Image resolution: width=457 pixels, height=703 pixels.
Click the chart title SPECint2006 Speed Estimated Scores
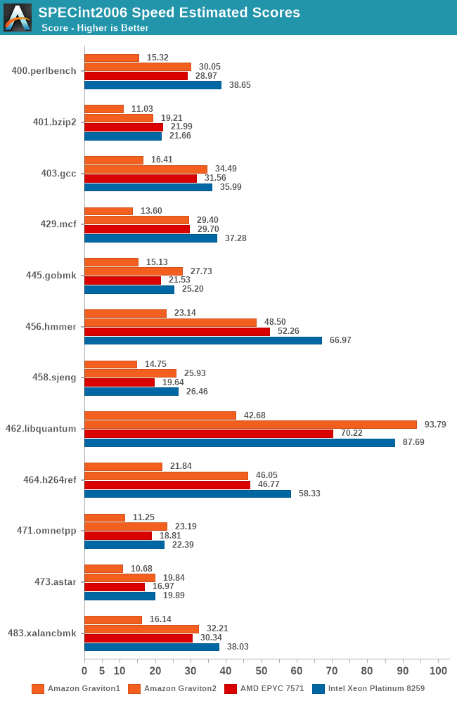169,12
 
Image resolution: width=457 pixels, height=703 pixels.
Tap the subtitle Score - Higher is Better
95,28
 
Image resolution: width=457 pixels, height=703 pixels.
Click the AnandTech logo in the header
18,18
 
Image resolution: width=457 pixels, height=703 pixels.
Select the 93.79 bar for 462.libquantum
250,425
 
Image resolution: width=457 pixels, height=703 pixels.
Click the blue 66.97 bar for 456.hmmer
203,340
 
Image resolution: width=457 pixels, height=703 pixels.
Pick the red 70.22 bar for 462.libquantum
209,434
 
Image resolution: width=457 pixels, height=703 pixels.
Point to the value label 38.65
240,85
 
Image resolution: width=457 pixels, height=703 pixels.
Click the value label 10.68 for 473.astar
142,569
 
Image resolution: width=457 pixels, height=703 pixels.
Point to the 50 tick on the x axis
262,671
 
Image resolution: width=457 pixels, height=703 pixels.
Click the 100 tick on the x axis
439,671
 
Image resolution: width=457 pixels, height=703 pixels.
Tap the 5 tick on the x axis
102,671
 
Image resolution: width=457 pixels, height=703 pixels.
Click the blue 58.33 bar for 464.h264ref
188,494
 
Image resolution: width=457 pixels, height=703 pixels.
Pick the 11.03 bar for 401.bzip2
104,109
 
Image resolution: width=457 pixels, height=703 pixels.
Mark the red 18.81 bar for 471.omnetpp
118,536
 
